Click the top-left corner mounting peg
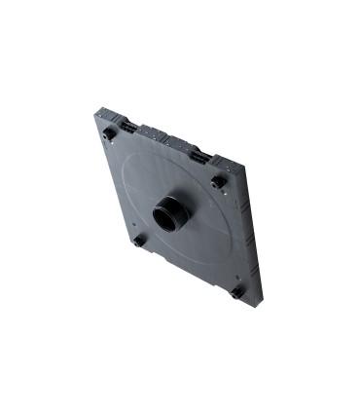110,131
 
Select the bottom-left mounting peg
140,239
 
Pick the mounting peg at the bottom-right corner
236,290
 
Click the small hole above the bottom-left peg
135,229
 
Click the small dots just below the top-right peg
221,193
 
